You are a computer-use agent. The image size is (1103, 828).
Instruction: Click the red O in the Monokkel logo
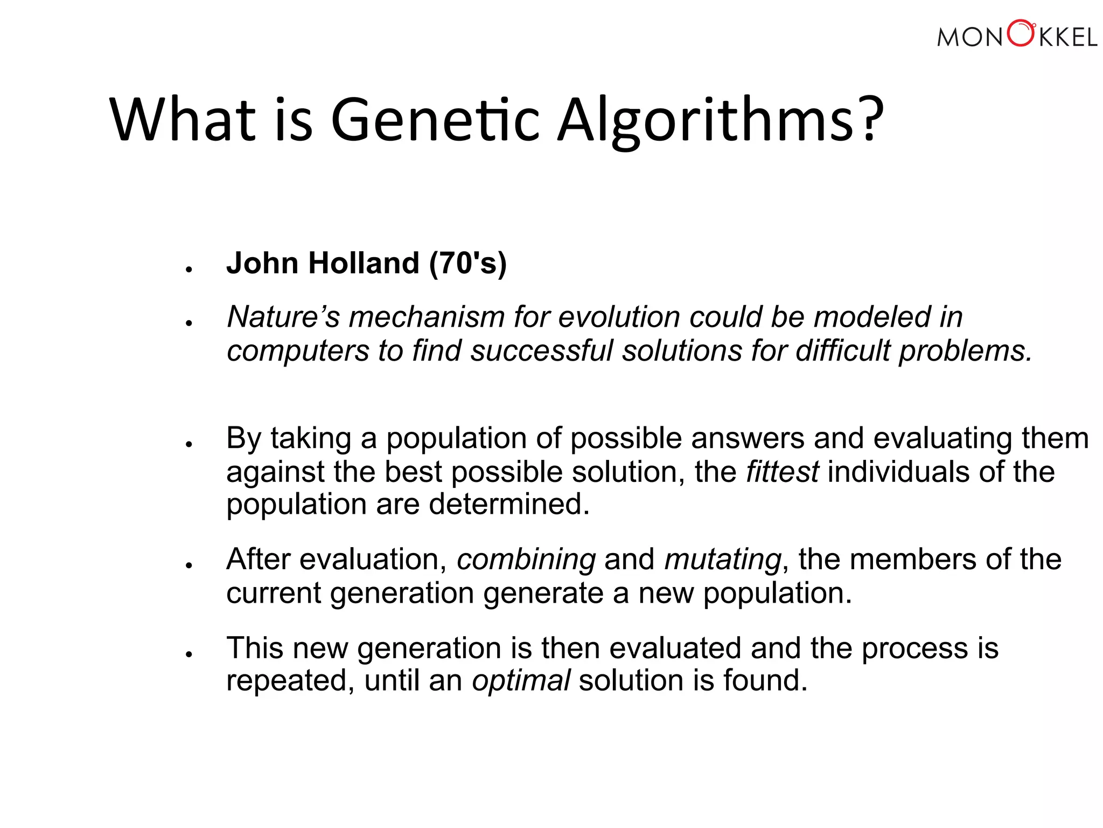pos(1021,33)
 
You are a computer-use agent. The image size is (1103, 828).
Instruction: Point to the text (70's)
pos(468,263)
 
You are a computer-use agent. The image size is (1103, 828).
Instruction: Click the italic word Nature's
pos(283,316)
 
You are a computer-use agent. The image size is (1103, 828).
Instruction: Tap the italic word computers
pos(298,350)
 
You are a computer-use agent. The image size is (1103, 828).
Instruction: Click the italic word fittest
pos(782,472)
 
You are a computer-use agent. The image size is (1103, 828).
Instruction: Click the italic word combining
pos(526,559)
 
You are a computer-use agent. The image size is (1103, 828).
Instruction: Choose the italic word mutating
pos(722,559)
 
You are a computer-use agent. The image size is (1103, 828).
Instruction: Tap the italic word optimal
pos(521,680)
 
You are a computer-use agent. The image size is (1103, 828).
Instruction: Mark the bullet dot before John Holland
pos(189,269)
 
